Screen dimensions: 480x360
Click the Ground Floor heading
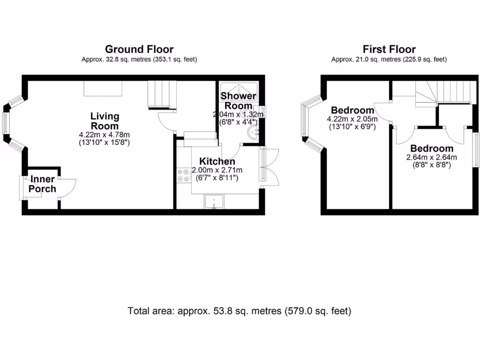[139, 49]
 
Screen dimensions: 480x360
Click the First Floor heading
[389, 49]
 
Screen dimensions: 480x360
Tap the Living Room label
[105, 121]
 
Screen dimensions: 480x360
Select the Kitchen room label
[217, 161]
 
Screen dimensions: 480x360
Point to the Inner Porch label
[43, 184]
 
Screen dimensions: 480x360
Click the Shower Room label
[239, 101]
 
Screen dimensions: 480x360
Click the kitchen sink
[214, 202]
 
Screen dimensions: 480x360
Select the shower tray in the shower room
[239, 92]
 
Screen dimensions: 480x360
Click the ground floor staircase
[162, 94]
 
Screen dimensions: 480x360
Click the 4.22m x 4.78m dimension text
[105, 135]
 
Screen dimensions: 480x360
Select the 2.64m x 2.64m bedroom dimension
[432, 157]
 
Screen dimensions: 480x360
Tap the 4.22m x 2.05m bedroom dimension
[352, 119]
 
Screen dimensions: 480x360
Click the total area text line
[240, 311]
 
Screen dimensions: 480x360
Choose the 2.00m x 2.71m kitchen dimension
[217, 170]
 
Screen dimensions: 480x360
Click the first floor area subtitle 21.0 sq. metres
[389, 60]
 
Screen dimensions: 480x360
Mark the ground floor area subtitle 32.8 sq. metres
[139, 60]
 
